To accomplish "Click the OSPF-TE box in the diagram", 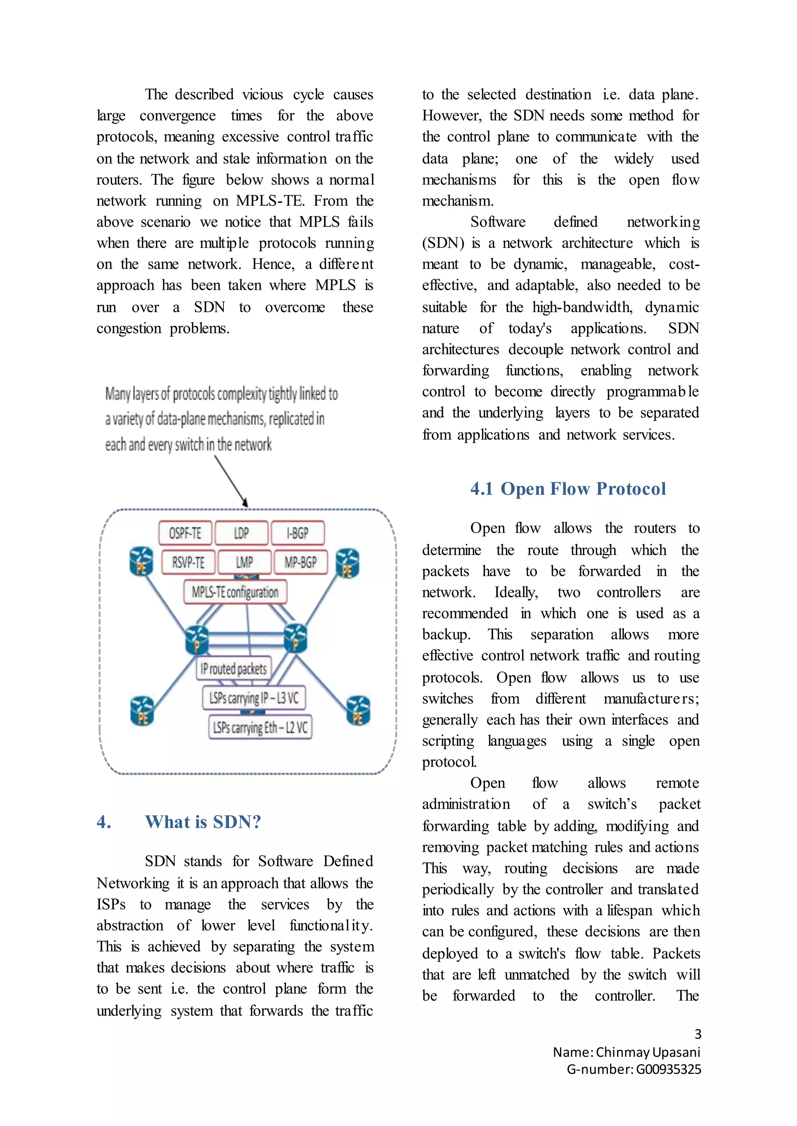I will (x=185, y=533).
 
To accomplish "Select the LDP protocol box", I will (x=241, y=533).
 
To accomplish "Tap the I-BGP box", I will (x=297, y=533).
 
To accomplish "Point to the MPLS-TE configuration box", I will (x=235, y=592).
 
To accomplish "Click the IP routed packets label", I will (x=233, y=668).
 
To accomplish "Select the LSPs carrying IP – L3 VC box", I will (x=254, y=698).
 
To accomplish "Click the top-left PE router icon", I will (x=141, y=561).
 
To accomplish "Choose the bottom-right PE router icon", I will (x=358, y=711).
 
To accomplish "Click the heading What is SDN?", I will (x=203, y=822).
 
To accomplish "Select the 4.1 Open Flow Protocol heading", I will (x=568, y=489).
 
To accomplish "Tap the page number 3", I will (x=697, y=1034).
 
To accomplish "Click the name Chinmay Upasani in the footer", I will (x=648, y=1052).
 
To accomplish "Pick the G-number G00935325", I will (x=669, y=1069).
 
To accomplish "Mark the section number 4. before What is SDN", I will (x=104, y=822).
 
